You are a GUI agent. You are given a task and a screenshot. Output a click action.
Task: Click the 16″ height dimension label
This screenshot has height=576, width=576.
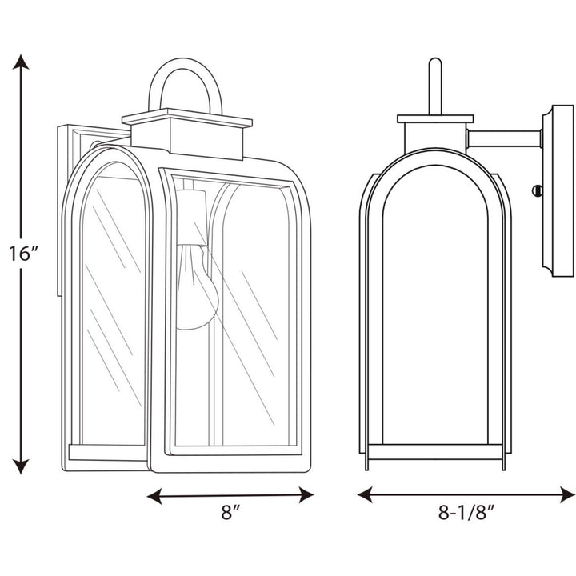point(25,255)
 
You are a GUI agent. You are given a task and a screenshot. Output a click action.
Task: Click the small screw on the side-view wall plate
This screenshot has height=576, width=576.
point(538,190)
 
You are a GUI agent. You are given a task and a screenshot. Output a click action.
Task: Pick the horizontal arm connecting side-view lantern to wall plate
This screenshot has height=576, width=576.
point(504,138)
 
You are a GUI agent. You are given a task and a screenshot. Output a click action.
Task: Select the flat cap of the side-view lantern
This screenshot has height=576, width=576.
point(435,119)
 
